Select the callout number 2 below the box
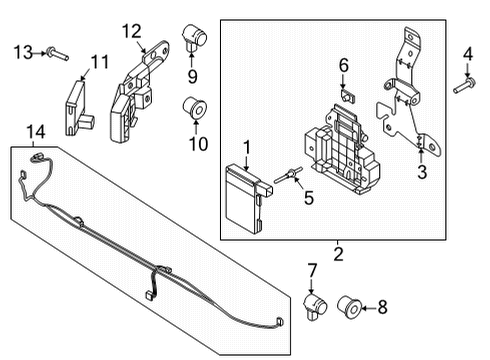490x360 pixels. [338, 255]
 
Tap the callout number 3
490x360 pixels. [421, 173]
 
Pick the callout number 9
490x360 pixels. [192, 75]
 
